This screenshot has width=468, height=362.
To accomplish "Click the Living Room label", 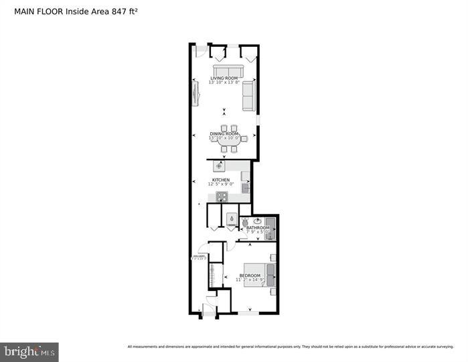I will (x=224, y=78).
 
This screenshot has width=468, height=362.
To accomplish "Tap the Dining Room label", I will (x=224, y=134).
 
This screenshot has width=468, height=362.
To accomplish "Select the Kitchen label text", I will (x=221, y=180).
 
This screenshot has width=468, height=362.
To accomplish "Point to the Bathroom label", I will (x=258, y=228).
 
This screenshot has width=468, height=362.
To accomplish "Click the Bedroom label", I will (x=250, y=276).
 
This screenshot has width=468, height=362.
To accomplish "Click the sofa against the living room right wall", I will (x=248, y=97).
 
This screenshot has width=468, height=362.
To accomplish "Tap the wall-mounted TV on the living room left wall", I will (x=196, y=93).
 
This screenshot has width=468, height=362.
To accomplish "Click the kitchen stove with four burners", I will (x=222, y=196).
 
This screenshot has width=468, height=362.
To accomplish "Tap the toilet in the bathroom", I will (x=245, y=223).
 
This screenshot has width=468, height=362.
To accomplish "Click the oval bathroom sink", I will (x=258, y=221).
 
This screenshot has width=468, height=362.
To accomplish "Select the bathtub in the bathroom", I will (x=270, y=228).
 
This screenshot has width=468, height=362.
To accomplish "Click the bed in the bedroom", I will (x=258, y=275).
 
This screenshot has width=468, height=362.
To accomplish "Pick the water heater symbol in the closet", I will (x=231, y=217).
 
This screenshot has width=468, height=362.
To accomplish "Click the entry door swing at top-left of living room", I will (x=200, y=52).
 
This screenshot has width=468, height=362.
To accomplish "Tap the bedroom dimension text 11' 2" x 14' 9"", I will (x=250, y=280).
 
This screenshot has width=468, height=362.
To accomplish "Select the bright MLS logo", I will (x=29, y=351).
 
